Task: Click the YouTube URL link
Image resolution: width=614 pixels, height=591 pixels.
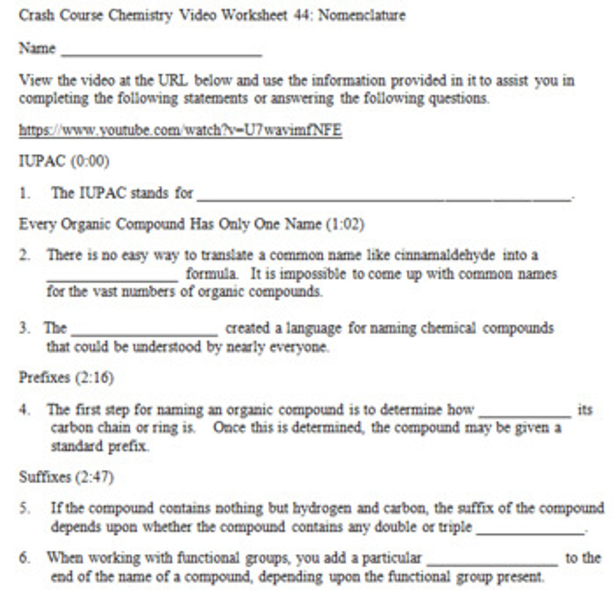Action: click(x=180, y=130)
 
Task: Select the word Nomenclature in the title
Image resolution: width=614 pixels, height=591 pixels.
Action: click(x=362, y=15)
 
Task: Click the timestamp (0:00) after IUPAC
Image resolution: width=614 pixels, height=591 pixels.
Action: click(x=90, y=161)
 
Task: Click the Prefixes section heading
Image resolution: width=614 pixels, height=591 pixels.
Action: click(x=45, y=378)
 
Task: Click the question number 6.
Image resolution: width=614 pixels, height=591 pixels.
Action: click(x=24, y=558)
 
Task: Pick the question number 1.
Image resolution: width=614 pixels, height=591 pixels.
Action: click(x=24, y=193)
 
